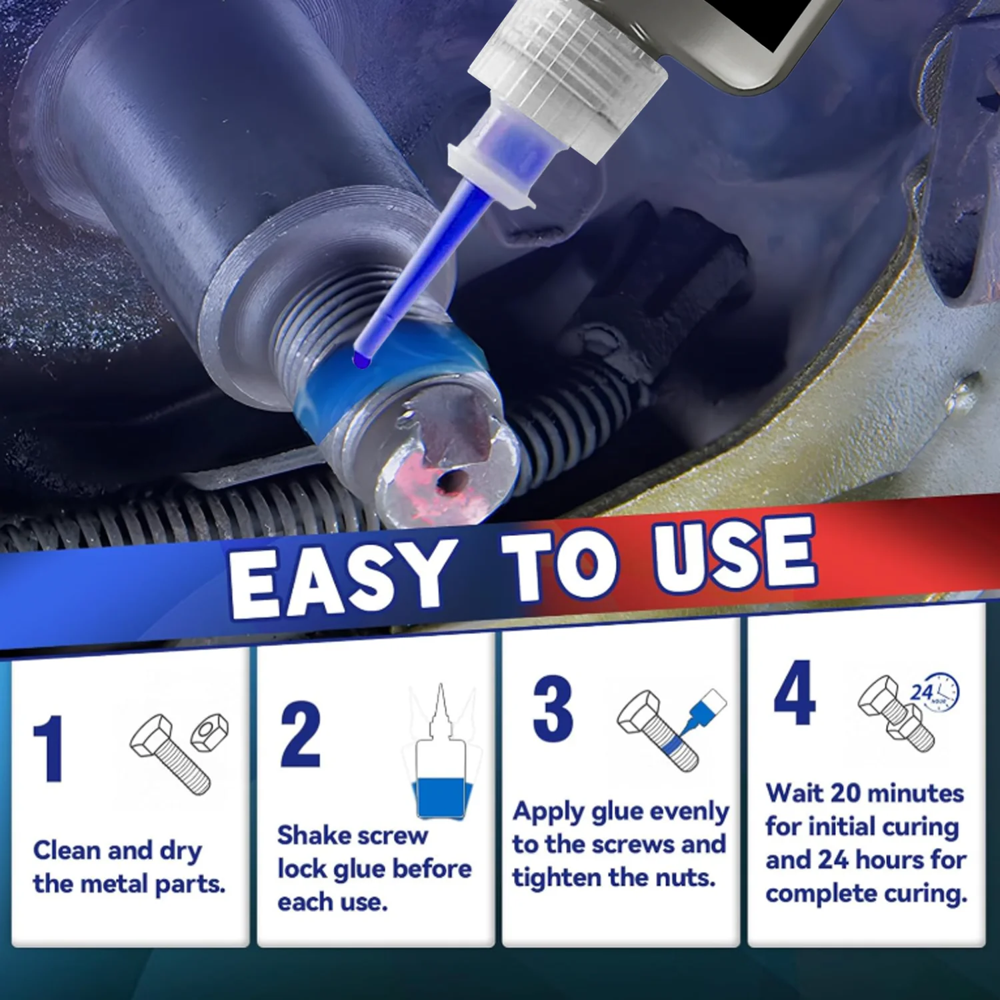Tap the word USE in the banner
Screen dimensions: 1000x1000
(734, 555)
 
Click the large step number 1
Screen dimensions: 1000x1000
(49, 749)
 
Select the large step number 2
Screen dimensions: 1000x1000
(300, 734)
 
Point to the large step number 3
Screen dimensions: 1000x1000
(553, 708)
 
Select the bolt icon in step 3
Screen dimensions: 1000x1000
(657, 731)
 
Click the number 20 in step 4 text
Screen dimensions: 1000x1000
(846, 793)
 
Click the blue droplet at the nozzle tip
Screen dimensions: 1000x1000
(361, 359)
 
